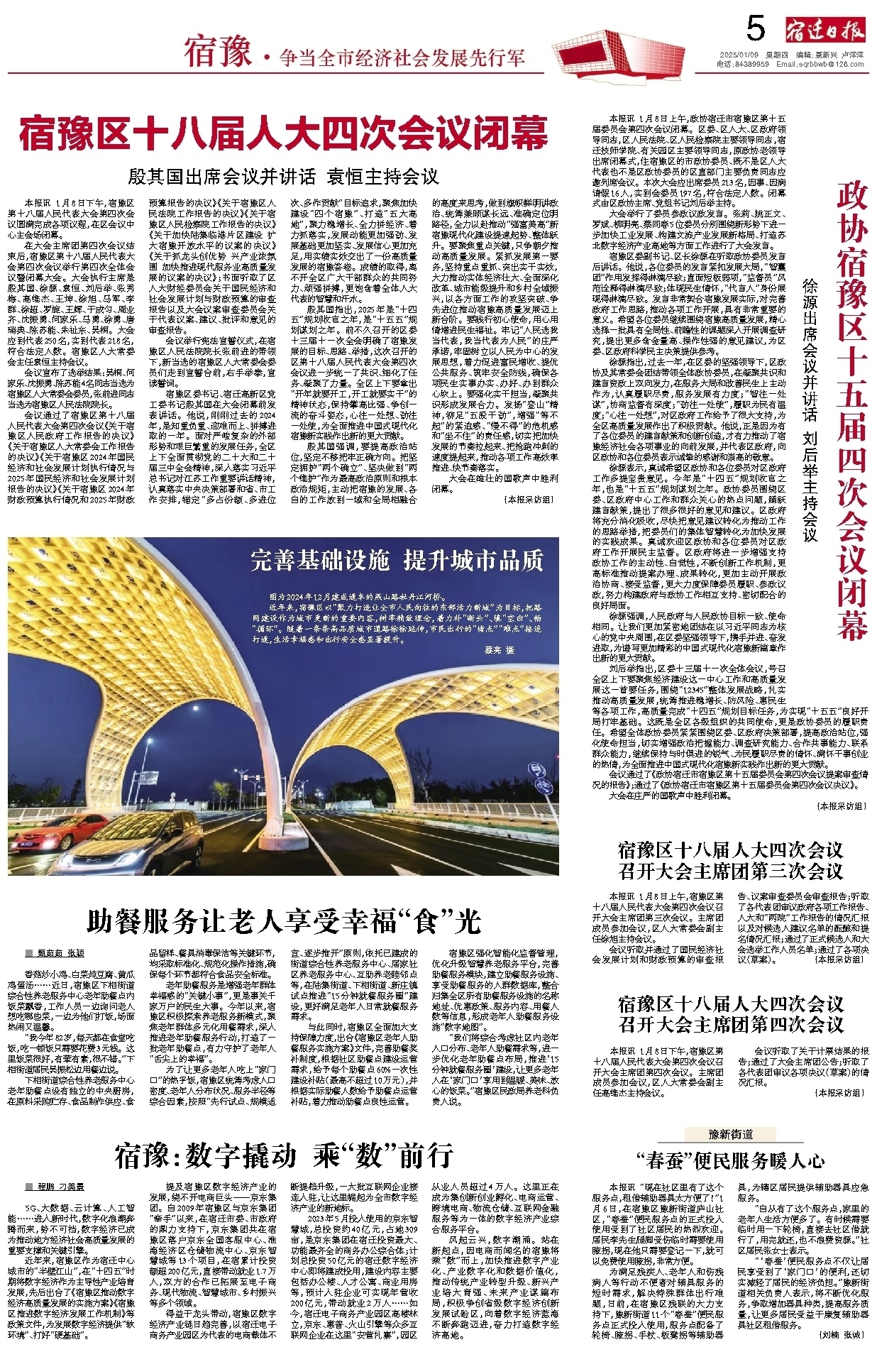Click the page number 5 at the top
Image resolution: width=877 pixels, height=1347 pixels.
click(x=756, y=29)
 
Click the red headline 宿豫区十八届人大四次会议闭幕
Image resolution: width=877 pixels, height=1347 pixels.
click(x=284, y=135)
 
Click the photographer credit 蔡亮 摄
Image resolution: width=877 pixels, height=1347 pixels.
click(x=499, y=649)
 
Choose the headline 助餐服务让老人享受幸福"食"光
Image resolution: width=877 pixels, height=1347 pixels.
click(x=283, y=922)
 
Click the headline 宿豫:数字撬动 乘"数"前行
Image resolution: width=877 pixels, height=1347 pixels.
click(x=283, y=1155)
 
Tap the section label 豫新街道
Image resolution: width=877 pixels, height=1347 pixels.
click(x=731, y=1134)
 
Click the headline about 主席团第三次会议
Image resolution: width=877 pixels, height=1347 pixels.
click(x=730, y=860)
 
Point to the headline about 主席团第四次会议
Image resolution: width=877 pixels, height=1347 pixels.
click(x=730, y=1014)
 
